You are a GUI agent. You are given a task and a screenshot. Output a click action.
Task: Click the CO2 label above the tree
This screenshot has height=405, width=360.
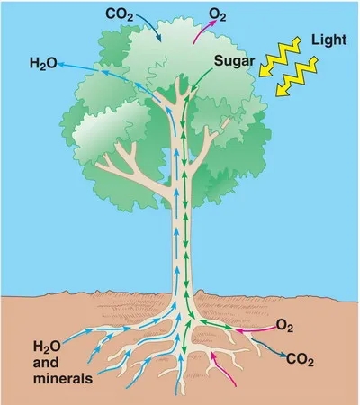(x=119, y=14)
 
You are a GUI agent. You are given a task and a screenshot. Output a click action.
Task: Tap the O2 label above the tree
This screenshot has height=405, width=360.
(x=218, y=14)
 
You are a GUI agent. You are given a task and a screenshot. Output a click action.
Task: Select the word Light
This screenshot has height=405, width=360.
(x=329, y=40)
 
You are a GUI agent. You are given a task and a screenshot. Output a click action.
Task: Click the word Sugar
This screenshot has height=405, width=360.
(x=235, y=61)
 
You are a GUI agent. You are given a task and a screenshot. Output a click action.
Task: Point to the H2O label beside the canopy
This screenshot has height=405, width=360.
(x=43, y=64)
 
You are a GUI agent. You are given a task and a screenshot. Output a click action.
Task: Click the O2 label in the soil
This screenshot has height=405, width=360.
(x=284, y=326)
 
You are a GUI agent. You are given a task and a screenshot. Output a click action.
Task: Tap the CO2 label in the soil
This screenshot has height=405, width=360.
(x=300, y=359)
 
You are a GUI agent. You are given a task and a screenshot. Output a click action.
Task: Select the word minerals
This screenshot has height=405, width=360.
(x=63, y=378)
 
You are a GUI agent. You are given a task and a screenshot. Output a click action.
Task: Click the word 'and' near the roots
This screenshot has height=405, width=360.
(x=46, y=363)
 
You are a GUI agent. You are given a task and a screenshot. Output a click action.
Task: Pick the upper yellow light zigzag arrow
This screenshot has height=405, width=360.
(x=280, y=57)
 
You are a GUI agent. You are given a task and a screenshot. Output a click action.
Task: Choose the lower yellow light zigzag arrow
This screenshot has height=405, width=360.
(x=297, y=76)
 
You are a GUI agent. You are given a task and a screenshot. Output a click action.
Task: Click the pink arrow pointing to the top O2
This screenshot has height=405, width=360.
(x=204, y=31)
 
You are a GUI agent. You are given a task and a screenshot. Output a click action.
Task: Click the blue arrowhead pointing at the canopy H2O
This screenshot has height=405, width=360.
(x=60, y=64)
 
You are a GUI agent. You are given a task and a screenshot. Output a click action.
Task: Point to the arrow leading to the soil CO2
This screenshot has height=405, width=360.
(x=268, y=348)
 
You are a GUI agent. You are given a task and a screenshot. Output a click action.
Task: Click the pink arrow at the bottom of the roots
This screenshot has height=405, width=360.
(x=222, y=369)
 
